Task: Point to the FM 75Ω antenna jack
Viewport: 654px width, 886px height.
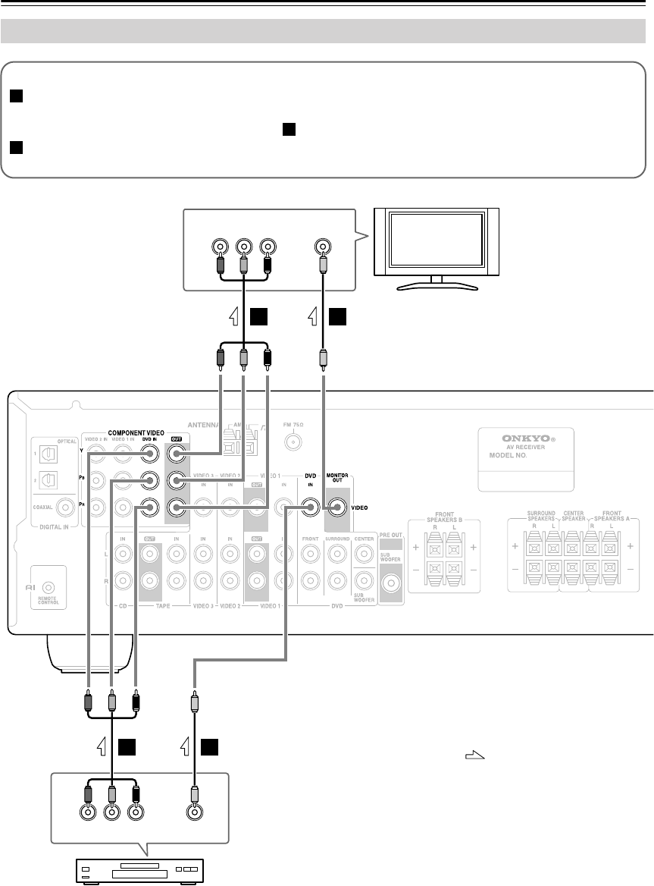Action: pyautogui.click(x=289, y=441)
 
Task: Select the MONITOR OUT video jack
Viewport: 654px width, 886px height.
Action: pyautogui.click(x=336, y=508)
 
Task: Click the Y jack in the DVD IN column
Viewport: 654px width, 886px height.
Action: pyautogui.click(x=151, y=455)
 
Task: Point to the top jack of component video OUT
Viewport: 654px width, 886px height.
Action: pyautogui.click(x=176, y=455)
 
